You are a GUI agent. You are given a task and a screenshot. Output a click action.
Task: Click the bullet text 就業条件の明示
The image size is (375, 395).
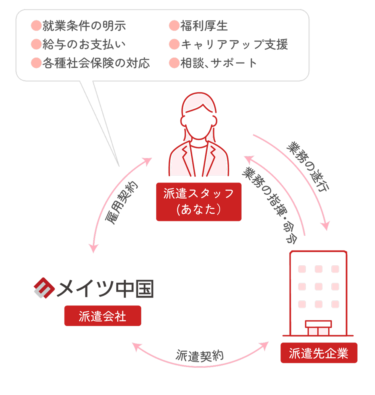(84, 26)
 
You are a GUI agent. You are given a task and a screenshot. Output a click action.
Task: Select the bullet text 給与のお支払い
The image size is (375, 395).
(84, 45)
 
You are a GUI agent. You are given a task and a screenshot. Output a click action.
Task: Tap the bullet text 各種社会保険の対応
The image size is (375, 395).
(96, 63)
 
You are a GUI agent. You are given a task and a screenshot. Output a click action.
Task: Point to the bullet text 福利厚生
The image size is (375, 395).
(204, 26)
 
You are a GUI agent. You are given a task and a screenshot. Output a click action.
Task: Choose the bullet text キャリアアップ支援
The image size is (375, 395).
(235, 45)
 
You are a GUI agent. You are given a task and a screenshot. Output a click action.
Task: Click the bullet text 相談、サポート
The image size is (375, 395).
(219, 63)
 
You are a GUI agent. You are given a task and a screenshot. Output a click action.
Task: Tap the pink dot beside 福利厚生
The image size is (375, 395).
(174, 26)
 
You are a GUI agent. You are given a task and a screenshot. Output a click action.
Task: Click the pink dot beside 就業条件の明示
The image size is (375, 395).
(36, 26)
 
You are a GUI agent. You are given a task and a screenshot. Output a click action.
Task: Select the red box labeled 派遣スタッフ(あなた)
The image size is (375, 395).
(199, 202)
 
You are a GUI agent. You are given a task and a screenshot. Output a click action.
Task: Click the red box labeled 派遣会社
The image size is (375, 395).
(103, 316)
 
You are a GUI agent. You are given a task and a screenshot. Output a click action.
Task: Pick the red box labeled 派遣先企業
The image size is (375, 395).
(319, 353)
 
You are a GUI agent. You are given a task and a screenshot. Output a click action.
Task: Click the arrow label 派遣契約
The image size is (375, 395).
(199, 356)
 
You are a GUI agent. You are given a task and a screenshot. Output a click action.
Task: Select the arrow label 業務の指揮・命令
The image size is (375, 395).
(270, 205)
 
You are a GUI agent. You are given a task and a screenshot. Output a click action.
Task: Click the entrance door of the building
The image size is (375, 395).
(318, 330)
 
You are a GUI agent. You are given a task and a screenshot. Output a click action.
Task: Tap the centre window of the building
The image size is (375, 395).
(318, 287)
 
